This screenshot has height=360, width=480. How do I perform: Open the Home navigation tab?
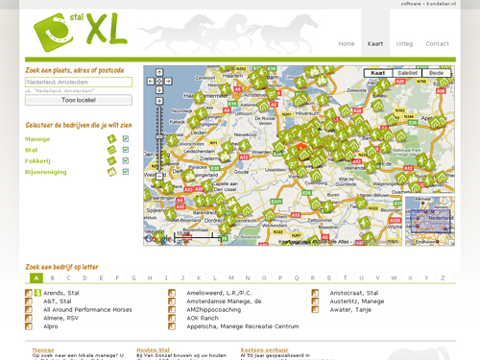(347, 44)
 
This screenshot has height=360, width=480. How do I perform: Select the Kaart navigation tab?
(375, 44)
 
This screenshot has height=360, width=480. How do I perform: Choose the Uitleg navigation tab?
(404, 44)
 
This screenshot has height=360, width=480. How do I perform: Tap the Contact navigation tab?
(437, 44)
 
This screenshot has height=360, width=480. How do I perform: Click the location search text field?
(79, 83)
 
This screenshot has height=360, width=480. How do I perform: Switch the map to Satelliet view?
(407, 73)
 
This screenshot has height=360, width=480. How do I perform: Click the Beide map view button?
(436, 73)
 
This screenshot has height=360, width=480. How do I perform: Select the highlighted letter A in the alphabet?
(36, 278)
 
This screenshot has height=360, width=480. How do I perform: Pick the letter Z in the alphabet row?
(443, 278)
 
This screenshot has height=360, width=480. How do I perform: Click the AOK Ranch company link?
(202, 318)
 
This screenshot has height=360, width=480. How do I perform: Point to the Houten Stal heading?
(153, 349)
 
